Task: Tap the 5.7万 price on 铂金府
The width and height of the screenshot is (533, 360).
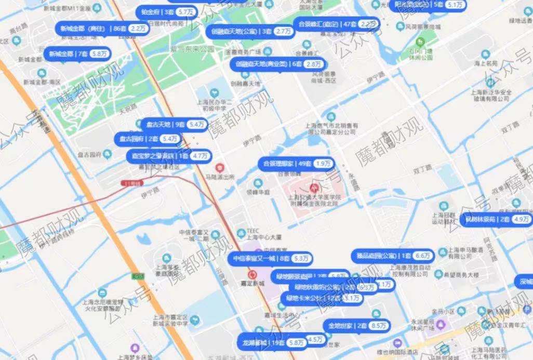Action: tap(184, 11)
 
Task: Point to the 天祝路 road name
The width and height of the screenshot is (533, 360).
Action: tap(128, 106)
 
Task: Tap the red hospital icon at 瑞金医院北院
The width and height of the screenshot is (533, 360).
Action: tap(314, 186)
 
